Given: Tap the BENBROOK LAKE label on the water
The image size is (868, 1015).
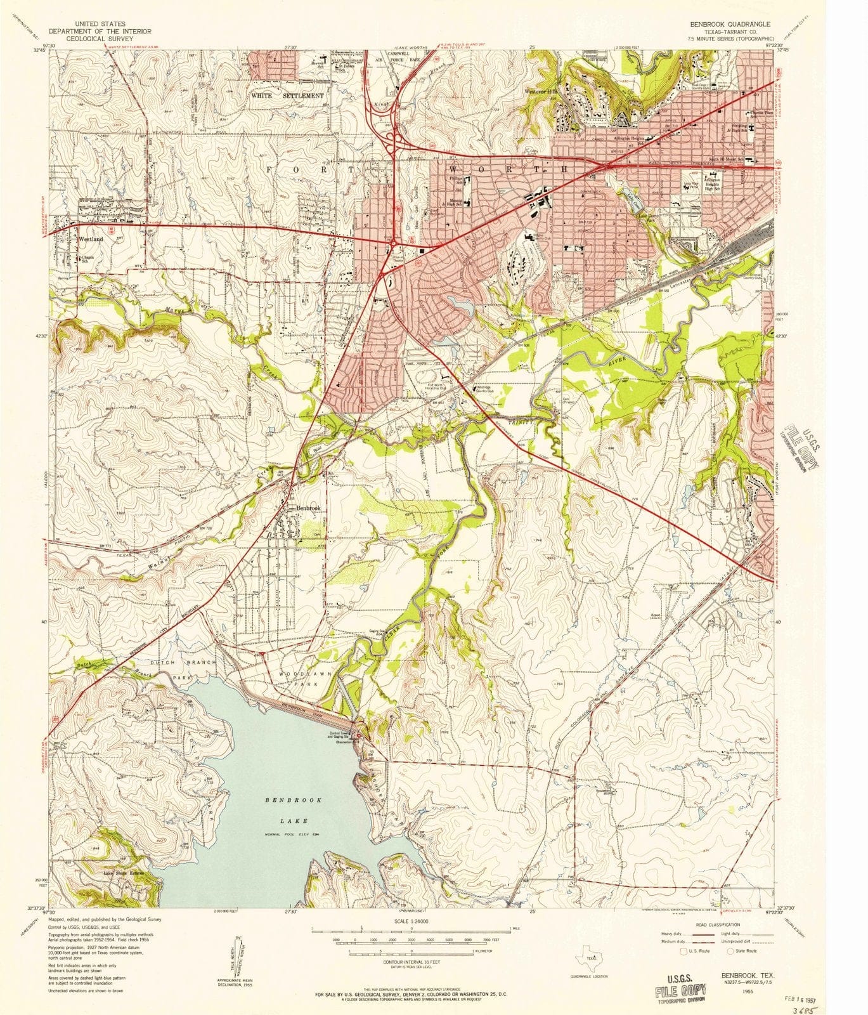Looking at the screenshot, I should (294, 810).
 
